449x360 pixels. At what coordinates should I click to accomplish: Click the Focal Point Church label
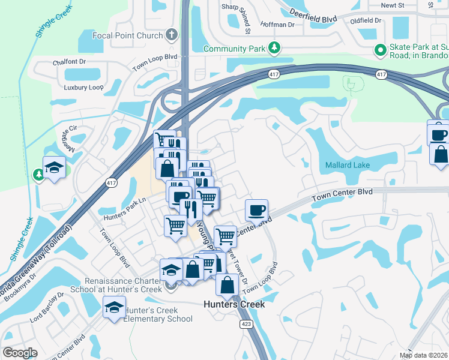(127, 35)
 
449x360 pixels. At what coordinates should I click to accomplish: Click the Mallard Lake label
(348, 165)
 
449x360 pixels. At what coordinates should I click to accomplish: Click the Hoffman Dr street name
(279, 25)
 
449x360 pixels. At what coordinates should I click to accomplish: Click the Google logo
(20, 353)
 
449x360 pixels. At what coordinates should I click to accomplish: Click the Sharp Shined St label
(238, 15)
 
